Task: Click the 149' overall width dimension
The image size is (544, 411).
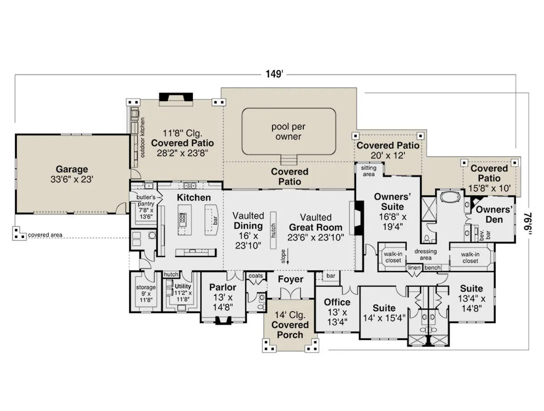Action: tap(274, 74)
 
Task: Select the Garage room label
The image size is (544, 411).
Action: tap(72, 169)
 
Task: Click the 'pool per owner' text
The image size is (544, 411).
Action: tap(288, 132)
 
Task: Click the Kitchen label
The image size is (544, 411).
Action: tap(194, 198)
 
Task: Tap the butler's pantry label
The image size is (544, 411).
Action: tap(146, 201)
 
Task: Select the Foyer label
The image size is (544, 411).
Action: tap(291, 279)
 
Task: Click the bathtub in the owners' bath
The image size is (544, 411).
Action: tap(450, 197)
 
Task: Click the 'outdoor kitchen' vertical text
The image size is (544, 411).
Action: tap(142, 137)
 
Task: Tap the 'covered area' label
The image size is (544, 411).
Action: tap(45, 235)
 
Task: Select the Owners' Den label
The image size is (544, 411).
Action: tap(494, 215)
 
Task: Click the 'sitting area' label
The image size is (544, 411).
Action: tap(369, 171)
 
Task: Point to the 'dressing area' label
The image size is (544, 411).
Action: tap(426, 254)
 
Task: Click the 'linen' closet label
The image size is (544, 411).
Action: tap(414, 268)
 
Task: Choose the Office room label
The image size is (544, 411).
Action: tap(337, 302)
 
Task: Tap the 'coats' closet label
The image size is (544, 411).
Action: tap(256, 276)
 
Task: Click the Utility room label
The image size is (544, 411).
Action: tap(183, 286)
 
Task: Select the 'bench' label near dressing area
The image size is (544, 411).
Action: tap(432, 268)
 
